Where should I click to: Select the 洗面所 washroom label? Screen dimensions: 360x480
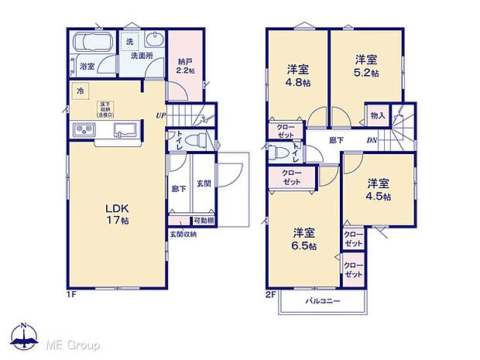pos(140,57)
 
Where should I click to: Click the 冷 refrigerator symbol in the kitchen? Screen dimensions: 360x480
pos(80,91)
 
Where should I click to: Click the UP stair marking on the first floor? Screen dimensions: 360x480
pos(159,116)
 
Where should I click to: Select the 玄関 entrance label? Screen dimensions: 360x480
pos(203,183)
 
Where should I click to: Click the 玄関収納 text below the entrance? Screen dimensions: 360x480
pos(183,234)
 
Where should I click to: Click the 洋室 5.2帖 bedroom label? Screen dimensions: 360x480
pos(366,65)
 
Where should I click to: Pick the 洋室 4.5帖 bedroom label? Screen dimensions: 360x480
pos(378,190)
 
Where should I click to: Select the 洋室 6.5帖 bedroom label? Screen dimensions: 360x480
pos(304,238)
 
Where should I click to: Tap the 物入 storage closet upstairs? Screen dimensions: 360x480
pos(378,116)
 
